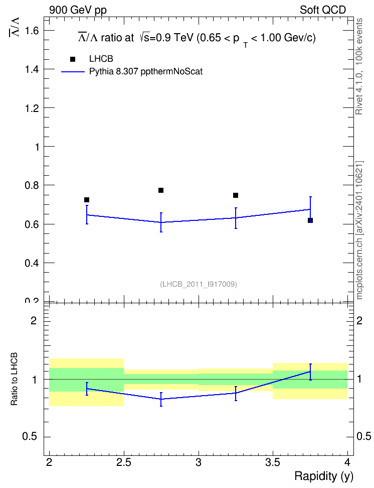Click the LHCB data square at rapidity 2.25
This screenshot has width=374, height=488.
click(x=87, y=200)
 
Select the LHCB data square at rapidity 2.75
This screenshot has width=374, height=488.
click(x=161, y=190)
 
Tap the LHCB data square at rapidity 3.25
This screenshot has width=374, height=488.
click(x=236, y=195)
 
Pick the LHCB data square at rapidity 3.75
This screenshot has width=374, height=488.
click(x=310, y=220)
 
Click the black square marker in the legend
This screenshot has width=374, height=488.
click(x=73, y=59)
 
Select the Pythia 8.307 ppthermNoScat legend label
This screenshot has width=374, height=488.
click(x=146, y=72)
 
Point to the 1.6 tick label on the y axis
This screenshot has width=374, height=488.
click(x=32, y=31)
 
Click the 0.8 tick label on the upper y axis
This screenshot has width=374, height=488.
click(x=32, y=185)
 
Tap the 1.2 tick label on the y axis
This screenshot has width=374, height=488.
click(x=32, y=108)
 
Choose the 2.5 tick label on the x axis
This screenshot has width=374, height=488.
click(x=124, y=462)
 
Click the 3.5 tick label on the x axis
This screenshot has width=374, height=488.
click(x=273, y=462)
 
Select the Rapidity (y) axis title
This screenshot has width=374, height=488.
click(x=324, y=476)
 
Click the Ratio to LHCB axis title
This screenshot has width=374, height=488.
click(x=14, y=379)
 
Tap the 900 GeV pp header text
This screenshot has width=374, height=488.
click(x=78, y=10)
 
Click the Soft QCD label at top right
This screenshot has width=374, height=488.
click(x=323, y=10)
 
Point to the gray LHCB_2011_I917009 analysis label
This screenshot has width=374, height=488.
click(x=199, y=284)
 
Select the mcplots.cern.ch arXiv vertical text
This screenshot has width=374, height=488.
click(x=359, y=230)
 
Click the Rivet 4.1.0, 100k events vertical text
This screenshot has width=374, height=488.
click(x=359, y=66)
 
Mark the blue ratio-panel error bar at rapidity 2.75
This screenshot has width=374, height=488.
click(x=161, y=399)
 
